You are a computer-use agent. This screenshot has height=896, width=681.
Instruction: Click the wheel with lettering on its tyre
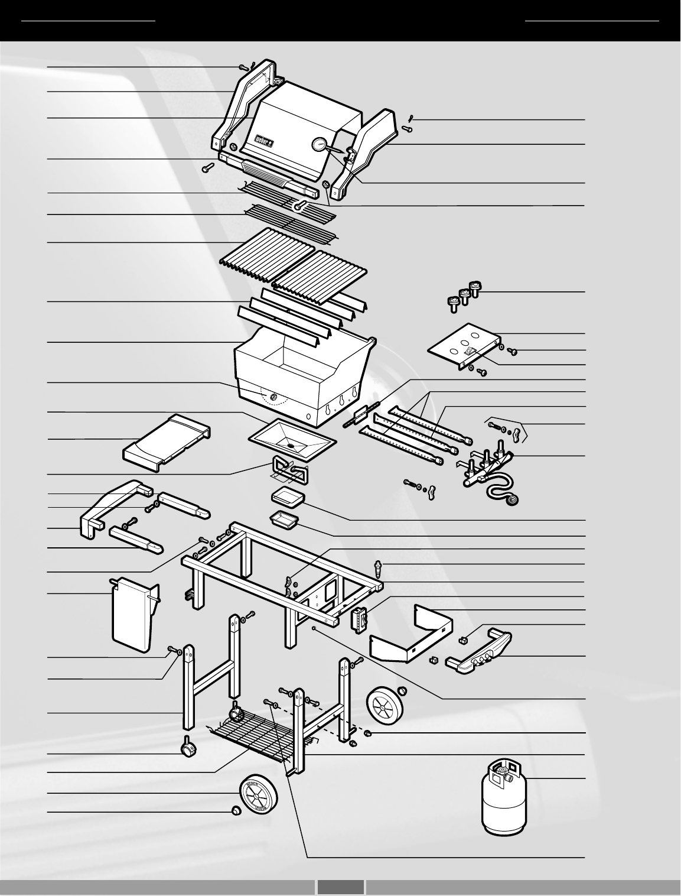point(258,793)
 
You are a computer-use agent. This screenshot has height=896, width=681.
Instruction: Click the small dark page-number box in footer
point(340,887)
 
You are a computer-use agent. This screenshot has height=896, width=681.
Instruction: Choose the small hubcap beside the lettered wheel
point(236,811)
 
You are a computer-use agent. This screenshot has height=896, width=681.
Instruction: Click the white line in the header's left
point(88,21)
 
